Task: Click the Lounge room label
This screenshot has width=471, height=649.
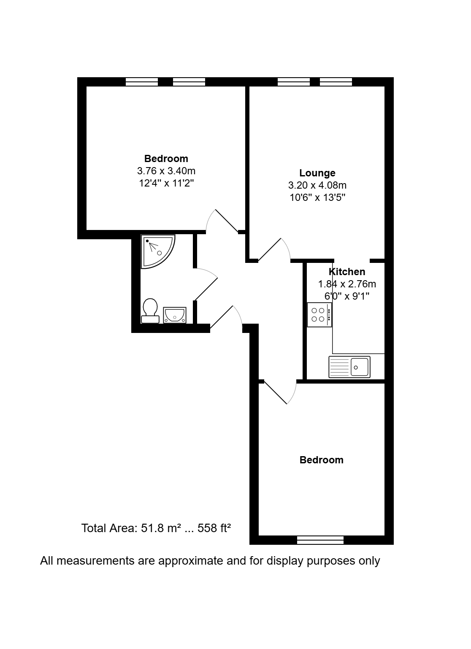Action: (x=317, y=173)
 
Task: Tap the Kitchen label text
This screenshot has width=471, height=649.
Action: (x=346, y=272)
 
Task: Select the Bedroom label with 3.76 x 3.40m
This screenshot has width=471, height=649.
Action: (x=166, y=159)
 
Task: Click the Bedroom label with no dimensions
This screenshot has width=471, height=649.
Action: (x=321, y=460)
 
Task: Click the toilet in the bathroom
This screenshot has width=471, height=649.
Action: (x=150, y=311)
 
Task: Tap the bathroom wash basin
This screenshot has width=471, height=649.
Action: (x=174, y=315)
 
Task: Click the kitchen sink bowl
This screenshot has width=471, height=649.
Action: (x=360, y=367)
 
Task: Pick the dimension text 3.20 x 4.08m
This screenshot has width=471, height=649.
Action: (x=317, y=185)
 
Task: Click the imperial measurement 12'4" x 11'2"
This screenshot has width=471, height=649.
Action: (x=166, y=183)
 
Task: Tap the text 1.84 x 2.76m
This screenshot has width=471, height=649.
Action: (x=347, y=284)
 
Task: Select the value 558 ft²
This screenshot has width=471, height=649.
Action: (x=214, y=528)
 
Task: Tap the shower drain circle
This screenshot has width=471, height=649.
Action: (x=159, y=253)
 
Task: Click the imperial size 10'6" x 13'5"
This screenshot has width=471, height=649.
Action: (x=317, y=197)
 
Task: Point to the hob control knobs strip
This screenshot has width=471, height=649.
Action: (x=329, y=315)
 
